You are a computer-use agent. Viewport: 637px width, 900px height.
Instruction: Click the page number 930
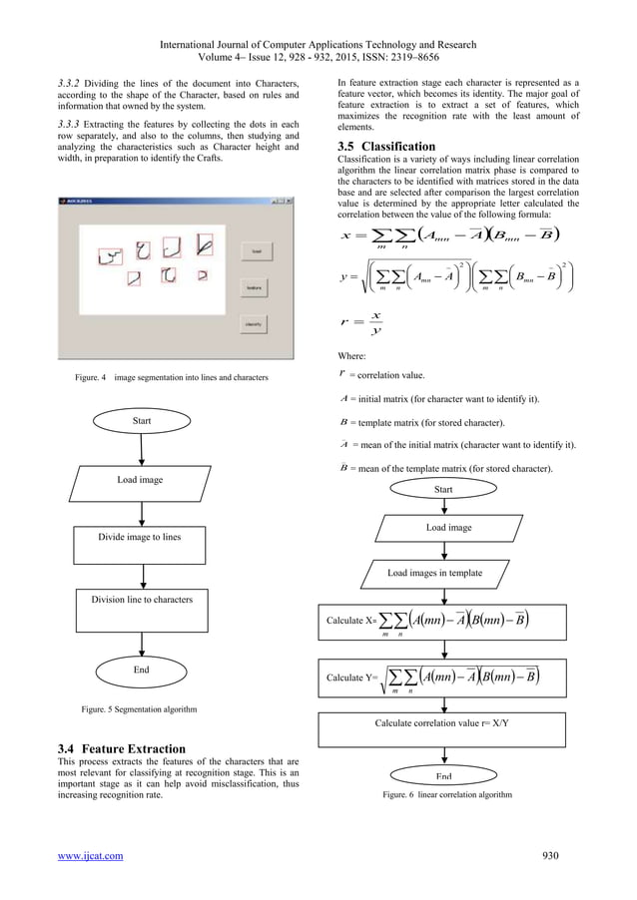pos(551,855)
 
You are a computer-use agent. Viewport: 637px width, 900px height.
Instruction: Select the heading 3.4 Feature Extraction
pos(128,748)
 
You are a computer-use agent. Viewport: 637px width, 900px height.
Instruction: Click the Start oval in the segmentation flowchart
pos(142,422)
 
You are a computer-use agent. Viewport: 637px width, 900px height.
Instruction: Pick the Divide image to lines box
pos(141,537)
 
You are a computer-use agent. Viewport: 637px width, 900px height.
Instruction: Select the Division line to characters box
pos(141,601)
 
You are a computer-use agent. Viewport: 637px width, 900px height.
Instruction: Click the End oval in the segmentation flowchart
pos(142,671)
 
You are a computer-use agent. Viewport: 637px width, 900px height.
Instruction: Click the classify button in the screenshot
pos(256,325)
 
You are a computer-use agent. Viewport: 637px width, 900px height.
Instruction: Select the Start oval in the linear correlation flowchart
pos(443,489)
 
